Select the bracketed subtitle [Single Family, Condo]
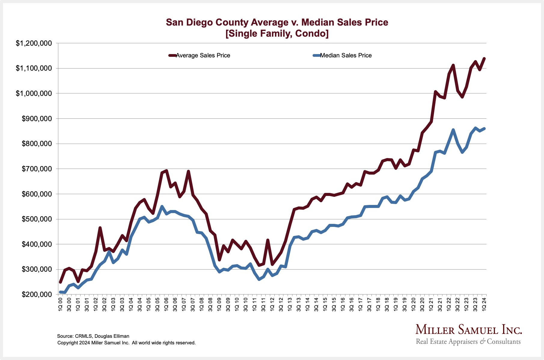[277, 33]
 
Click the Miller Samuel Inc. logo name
[469, 330]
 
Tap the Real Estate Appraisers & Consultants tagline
[468, 342]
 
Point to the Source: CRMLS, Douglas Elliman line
[93, 336]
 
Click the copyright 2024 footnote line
[127, 343]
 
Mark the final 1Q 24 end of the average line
[484, 58]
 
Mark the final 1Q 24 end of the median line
[484, 129]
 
